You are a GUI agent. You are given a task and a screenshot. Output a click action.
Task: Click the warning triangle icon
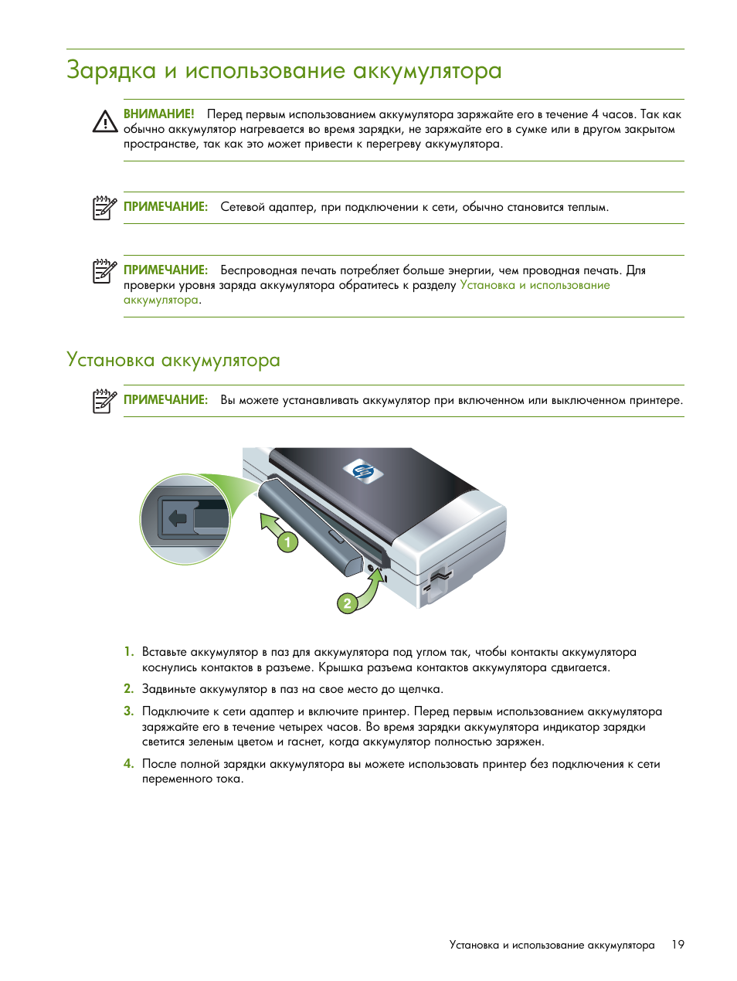pos(104,121)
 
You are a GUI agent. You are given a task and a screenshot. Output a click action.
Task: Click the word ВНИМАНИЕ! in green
pos(159,114)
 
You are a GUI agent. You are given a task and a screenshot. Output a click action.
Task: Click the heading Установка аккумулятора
pos(173,360)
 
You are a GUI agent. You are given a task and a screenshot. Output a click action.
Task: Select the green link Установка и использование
pos(535,285)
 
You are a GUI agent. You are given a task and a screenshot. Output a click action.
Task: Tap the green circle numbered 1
pos(287,542)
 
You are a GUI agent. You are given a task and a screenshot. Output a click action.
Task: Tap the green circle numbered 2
pos(347,603)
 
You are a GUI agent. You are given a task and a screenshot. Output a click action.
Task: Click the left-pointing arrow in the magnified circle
pos(178,518)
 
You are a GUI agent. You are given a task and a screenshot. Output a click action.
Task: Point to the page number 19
pos(678,945)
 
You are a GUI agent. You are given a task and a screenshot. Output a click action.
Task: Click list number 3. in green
pos(128,711)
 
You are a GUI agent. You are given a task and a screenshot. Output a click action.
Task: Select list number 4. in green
pos(128,764)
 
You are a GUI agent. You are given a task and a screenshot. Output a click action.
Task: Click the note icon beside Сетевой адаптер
pos(104,208)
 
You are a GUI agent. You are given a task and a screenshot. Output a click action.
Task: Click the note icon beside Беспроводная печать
pos(104,271)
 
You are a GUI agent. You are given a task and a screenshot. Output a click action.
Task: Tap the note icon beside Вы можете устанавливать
pos(104,401)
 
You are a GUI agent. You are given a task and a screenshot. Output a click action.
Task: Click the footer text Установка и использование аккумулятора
pos(552,945)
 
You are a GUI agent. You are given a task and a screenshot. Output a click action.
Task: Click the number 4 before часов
pos(594,114)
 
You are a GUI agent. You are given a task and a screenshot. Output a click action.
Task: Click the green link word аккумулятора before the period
pos(161,300)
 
